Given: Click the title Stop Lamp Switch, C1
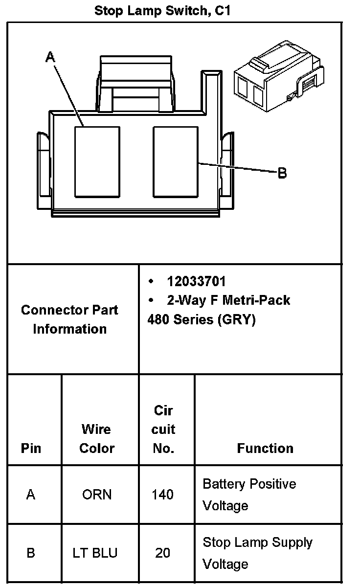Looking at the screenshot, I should pyautogui.click(x=162, y=11).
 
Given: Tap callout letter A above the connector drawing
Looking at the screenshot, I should pyautogui.click(x=50, y=57).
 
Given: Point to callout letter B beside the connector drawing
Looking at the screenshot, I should pyautogui.click(x=282, y=173).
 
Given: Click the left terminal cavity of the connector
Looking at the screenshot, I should pyautogui.click(x=97, y=161).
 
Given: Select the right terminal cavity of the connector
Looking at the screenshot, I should pyautogui.click(x=176, y=161).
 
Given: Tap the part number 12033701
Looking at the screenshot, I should pyautogui.click(x=196, y=282).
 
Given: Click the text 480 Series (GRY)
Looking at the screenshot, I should pyautogui.click(x=201, y=320).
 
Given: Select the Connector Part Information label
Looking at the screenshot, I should pyautogui.click(x=69, y=319).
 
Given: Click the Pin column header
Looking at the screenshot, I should pyautogui.click(x=31, y=448).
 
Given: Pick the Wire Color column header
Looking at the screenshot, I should pyautogui.click(x=97, y=439).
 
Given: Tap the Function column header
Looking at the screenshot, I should pyautogui.click(x=265, y=448).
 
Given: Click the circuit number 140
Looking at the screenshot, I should pyautogui.click(x=162, y=495).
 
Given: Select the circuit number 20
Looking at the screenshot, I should pyautogui.click(x=162, y=553).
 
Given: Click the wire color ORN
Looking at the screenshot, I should pyautogui.click(x=97, y=495).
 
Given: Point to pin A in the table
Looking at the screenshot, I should pyautogui.click(x=31, y=495).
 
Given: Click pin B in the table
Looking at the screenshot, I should pyautogui.click(x=31, y=553).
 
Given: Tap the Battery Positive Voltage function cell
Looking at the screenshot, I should pyautogui.click(x=249, y=495).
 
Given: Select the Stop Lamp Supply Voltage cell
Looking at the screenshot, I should pyautogui.click(x=257, y=553).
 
